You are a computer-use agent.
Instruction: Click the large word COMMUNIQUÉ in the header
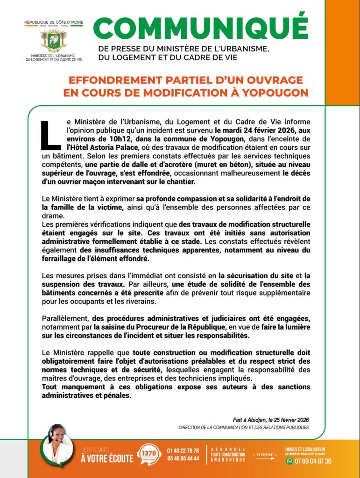(201, 28)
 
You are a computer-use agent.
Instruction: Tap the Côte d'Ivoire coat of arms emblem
(54, 40)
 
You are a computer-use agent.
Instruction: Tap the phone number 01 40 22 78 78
(183, 450)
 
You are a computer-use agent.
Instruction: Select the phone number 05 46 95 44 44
(183, 458)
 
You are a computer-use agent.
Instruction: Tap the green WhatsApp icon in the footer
(289, 461)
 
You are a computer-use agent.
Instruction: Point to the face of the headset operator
(57, 435)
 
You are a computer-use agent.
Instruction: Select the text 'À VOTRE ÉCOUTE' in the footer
(107, 458)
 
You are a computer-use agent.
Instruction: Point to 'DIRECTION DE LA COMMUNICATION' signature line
(243, 428)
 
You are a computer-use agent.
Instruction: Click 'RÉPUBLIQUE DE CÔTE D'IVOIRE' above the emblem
(54, 22)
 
